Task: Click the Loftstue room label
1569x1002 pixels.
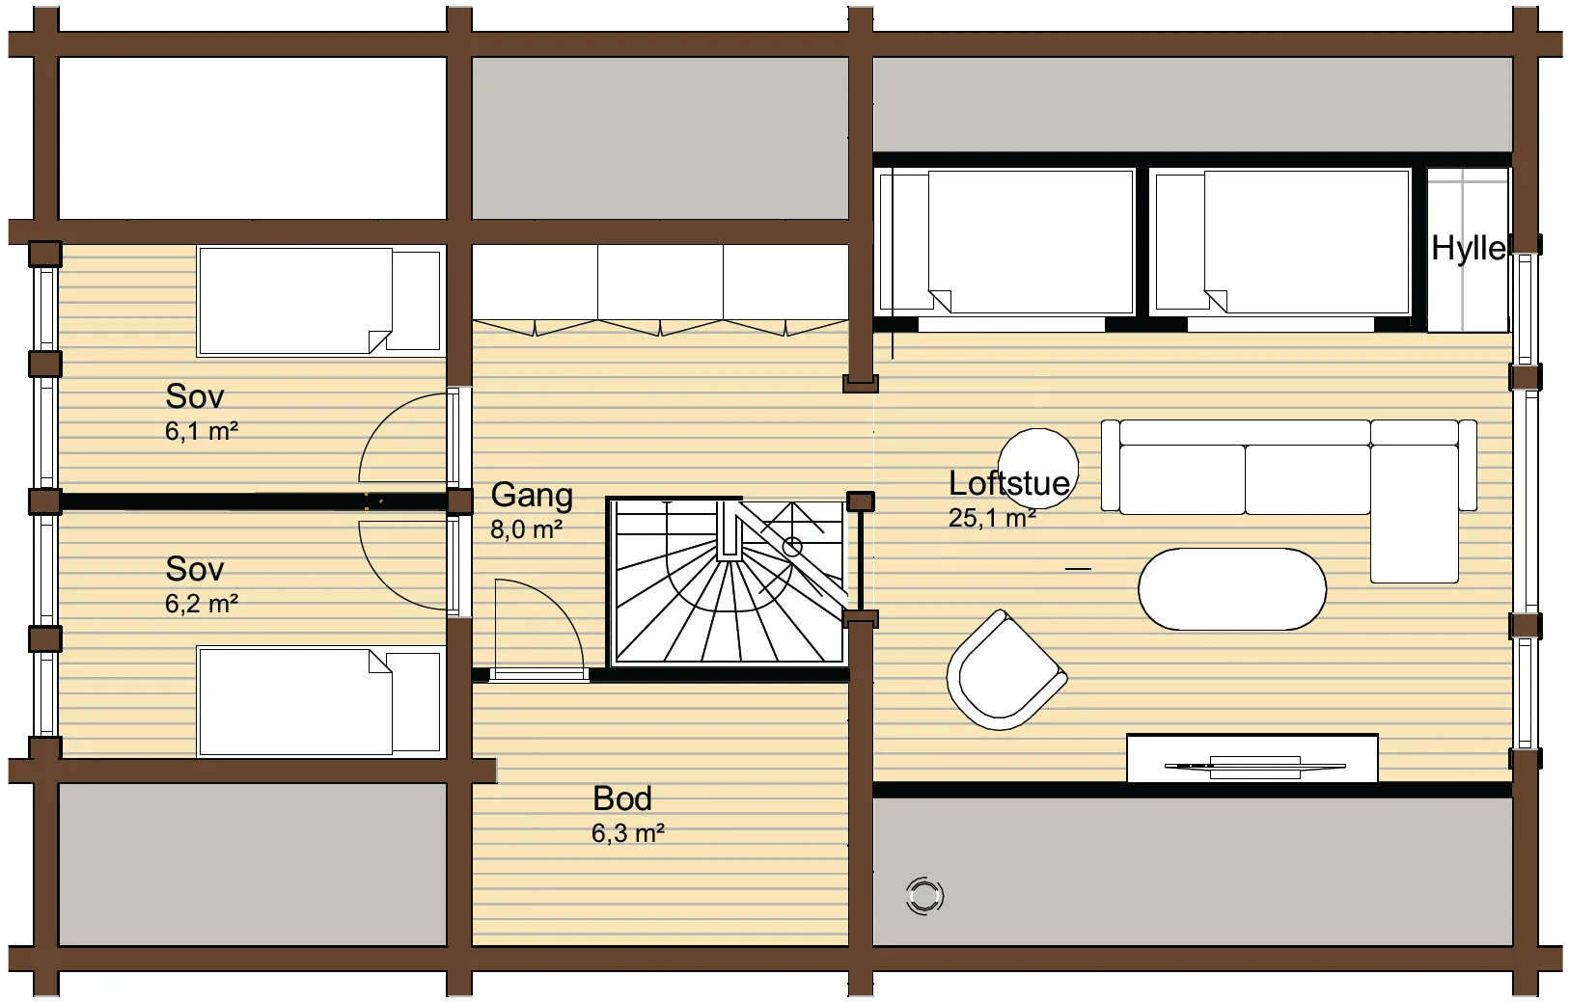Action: pyautogui.click(x=1008, y=483)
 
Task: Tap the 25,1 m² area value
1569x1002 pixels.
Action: pyautogui.click(x=992, y=518)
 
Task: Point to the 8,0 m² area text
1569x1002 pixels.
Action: pyautogui.click(x=527, y=529)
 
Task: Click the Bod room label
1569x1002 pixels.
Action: pyautogui.click(x=622, y=799)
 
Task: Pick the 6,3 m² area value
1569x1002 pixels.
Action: pyautogui.click(x=627, y=833)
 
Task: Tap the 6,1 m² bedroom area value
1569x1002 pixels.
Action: pyautogui.click(x=202, y=431)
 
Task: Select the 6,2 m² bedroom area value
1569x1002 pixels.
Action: pyautogui.click(x=202, y=603)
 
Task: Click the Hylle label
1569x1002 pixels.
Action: pyautogui.click(x=1468, y=248)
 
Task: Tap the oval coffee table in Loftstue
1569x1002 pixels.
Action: pyautogui.click(x=1232, y=589)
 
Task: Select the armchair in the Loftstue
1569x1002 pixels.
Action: pyautogui.click(x=1005, y=671)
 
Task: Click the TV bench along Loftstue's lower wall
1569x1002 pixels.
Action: pyautogui.click(x=1252, y=758)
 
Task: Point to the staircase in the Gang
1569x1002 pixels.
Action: pyautogui.click(x=728, y=581)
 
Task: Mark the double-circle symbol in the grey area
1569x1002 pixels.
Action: pyautogui.click(x=924, y=896)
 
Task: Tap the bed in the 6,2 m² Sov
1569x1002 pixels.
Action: pyautogui.click(x=320, y=702)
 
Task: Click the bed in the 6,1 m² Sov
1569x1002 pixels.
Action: pyautogui.click(x=320, y=300)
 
